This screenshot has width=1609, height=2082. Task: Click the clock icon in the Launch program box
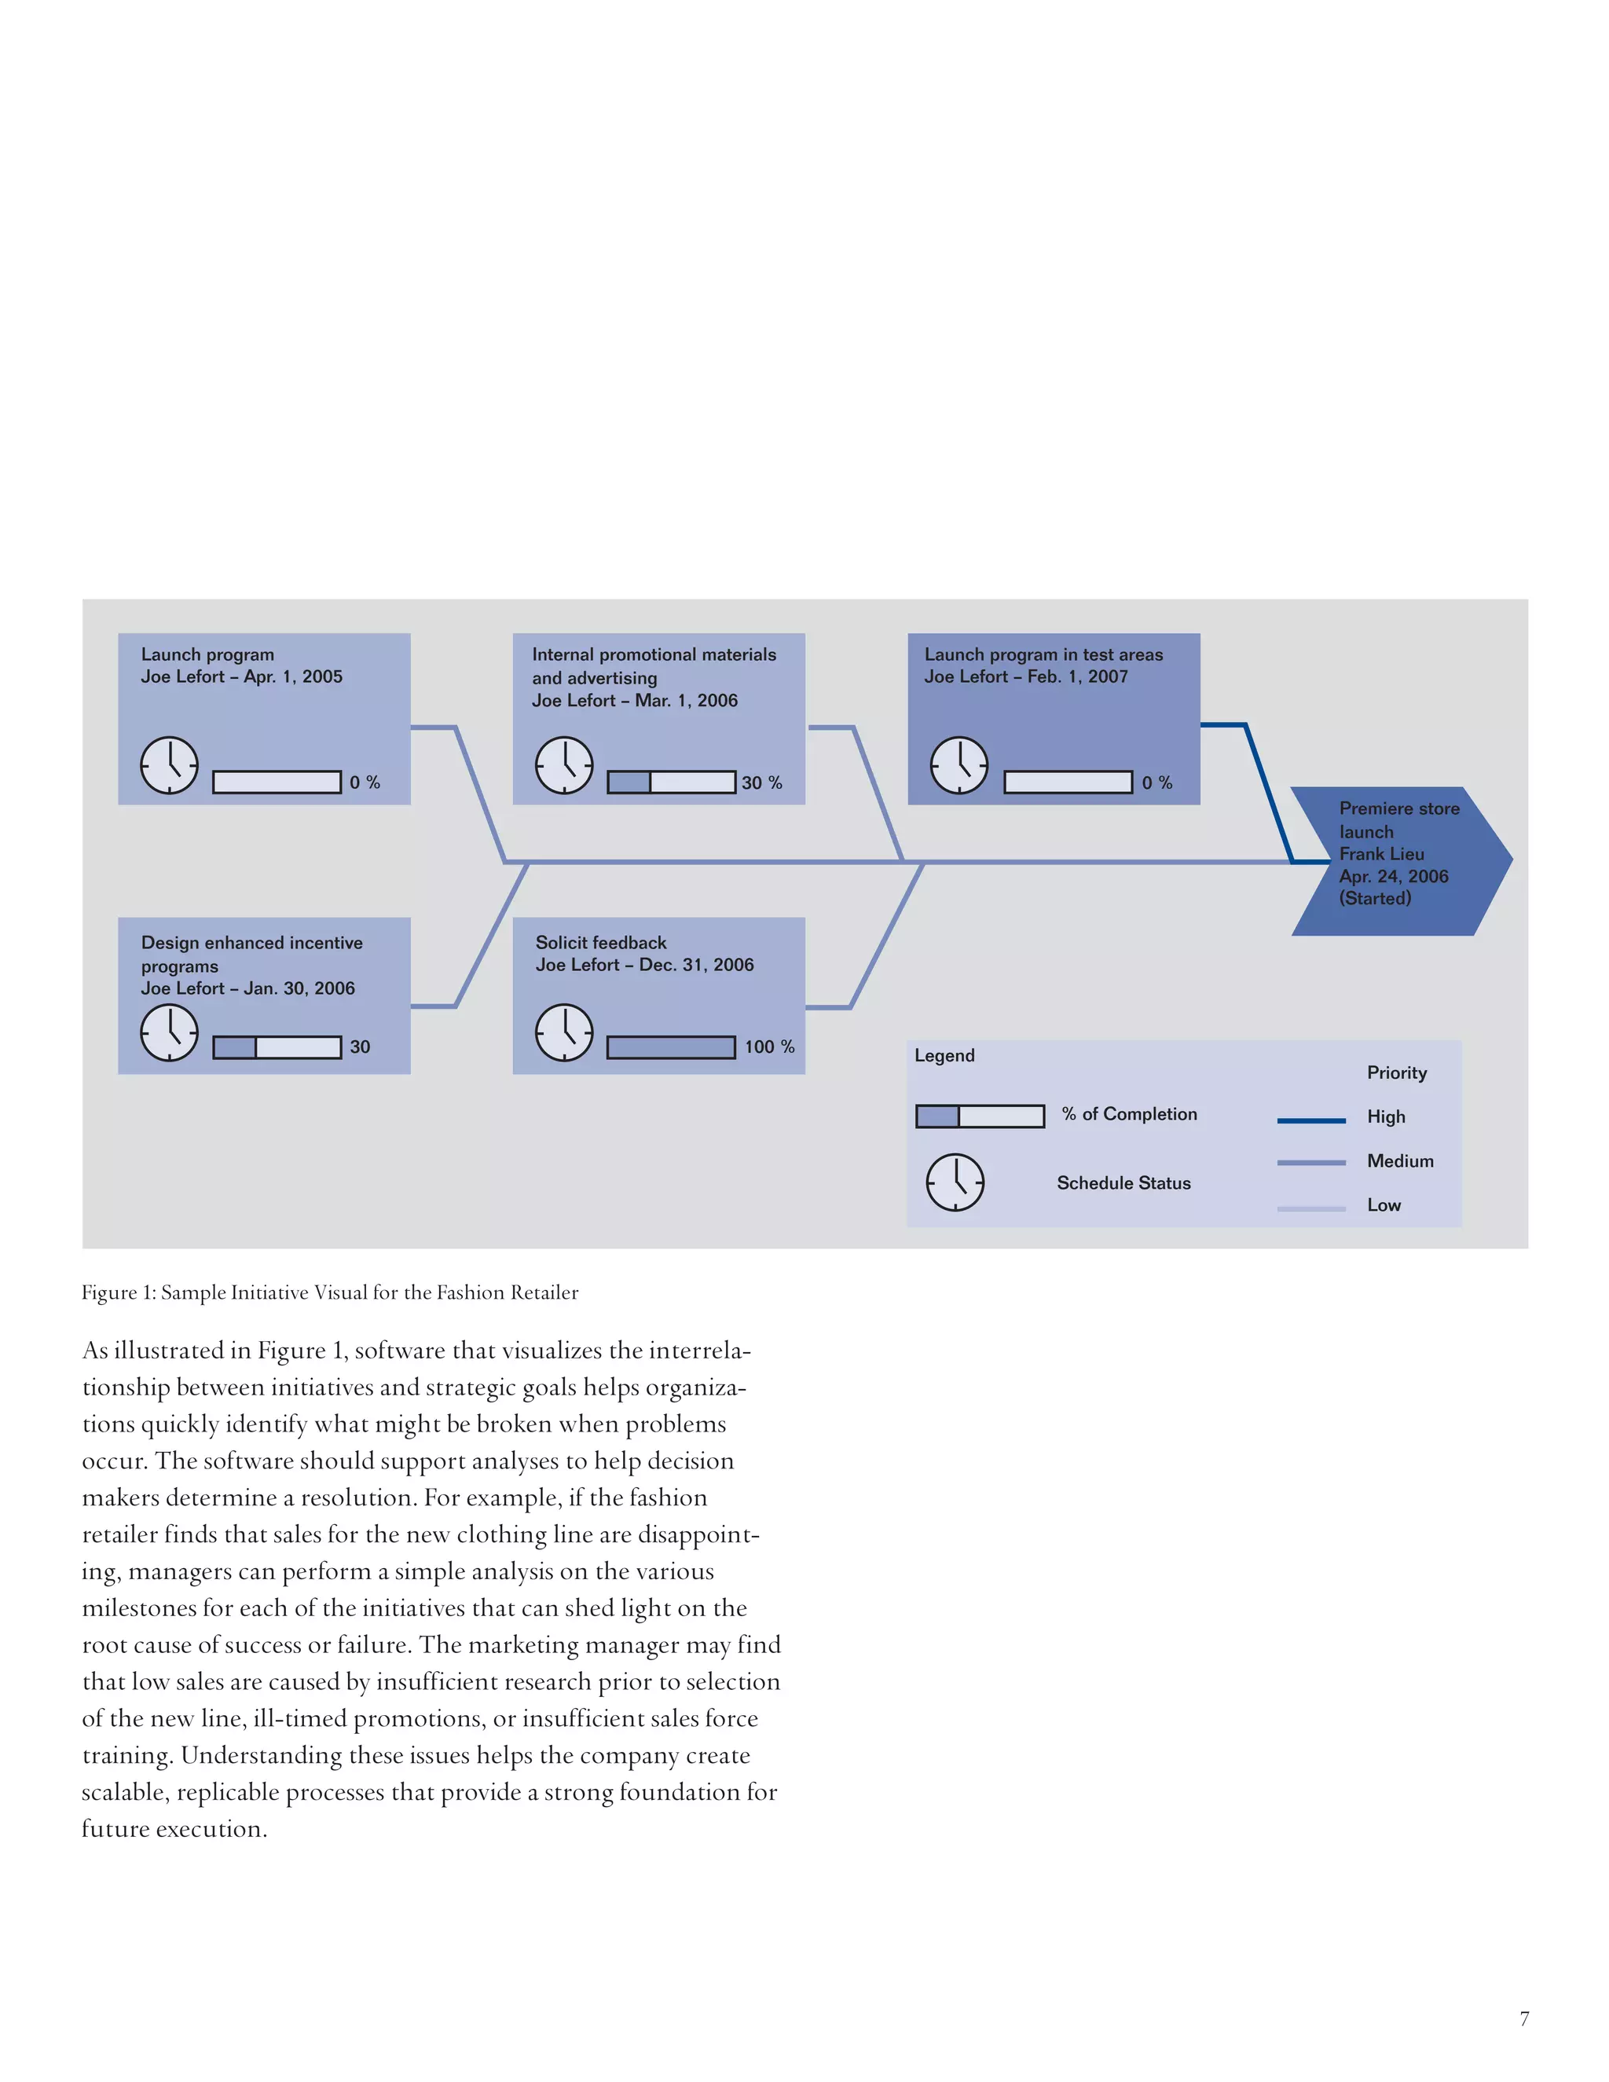click(x=170, y=765)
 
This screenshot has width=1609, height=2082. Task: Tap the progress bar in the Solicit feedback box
click(x=670, y=1047)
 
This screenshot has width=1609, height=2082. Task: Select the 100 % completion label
click(x=769, y=1046)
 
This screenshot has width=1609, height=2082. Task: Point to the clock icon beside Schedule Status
click(x=955, y=1182)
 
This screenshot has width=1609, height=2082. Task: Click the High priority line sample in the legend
click(x=1310, y=1121)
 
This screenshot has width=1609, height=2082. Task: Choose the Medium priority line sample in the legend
click(x=1310, y=1163)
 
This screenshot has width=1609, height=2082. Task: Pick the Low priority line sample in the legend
click(x=1310, y=1208)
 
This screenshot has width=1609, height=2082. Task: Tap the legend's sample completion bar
click(x=980, y=1116)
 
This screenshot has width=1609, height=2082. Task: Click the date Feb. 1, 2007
click(x=1077, y=676)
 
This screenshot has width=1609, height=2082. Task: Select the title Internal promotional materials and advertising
click(x=654, y=665)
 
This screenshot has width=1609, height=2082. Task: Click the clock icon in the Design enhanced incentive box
click(x=170, y=1033)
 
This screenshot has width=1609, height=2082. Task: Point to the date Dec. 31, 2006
click(x=696, y=965)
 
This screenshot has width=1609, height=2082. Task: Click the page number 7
click(x=1524, y=2018)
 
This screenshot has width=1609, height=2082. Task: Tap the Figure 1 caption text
click(x=330, y=1292)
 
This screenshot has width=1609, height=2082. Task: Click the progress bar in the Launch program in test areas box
click(x=1068, y=783)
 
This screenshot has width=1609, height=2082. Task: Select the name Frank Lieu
click(x=1381, y=854)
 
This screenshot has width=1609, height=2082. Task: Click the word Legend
click(x=944, y=1055)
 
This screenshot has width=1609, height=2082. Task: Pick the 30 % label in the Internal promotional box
click(x=761, y=783)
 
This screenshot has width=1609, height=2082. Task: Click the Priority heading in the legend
click(x=1396, y=1072)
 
